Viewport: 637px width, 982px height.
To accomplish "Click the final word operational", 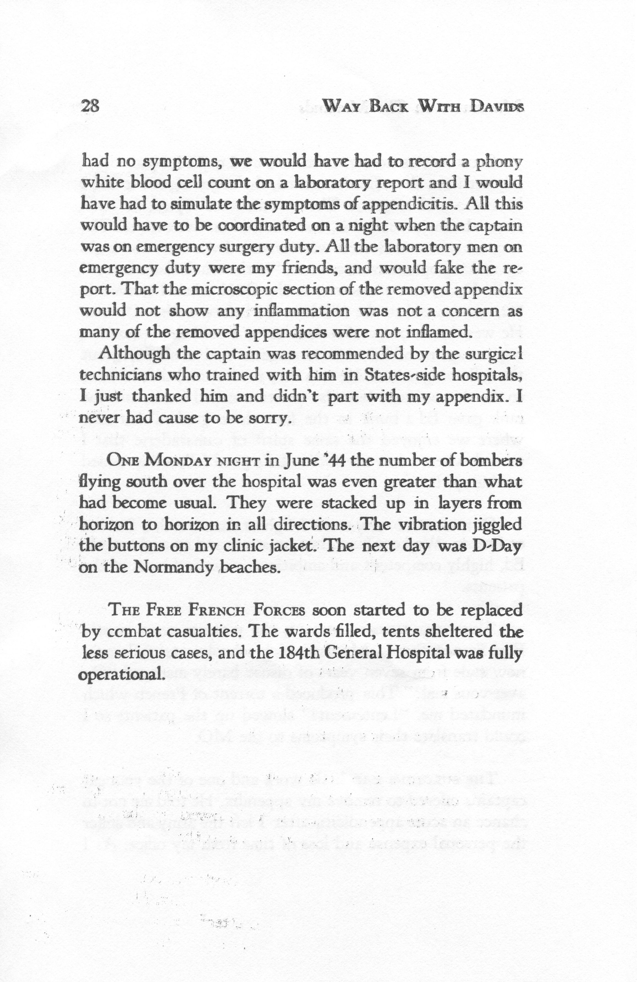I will (x=119, y=676).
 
